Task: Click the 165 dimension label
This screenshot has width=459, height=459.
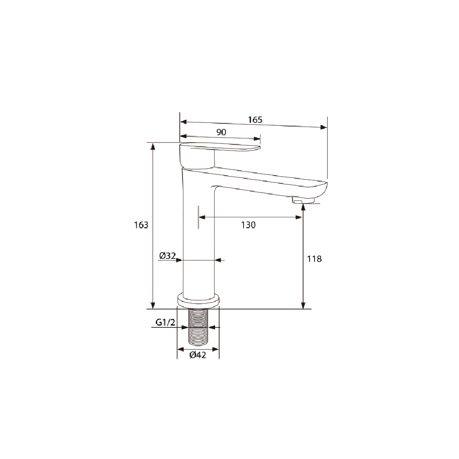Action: pyautogui.click(x=255, y=120)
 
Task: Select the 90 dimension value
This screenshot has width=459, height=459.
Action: pyautogui.click(x=221, y=132)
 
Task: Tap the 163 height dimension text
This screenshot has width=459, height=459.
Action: pyautogui.click(x=141, y=225)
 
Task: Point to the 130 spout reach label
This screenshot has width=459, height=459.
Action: pyautogui.click(x=248, y=225)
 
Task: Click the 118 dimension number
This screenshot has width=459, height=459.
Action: pyautogui.click(x=315, y=259)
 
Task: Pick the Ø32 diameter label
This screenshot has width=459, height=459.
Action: pyautogui.click(x=167, y=255)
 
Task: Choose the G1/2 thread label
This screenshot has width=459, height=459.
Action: pyautogui.click(x=166, y=322)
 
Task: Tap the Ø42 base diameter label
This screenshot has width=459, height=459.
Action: pyautogui.click(x=198, y=355)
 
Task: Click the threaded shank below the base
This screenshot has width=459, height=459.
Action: pyautogui.click(x=198, y=326)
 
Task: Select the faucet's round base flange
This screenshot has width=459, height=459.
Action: pyautogui.click(x=199, y=301)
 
